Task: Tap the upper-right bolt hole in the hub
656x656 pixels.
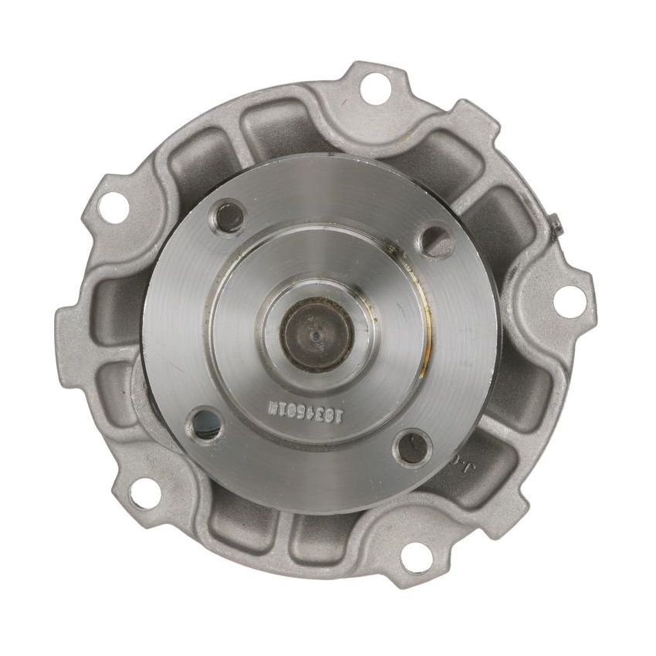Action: (x=440, y=242)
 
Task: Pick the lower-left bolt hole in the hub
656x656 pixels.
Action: (x=205, y=421)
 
